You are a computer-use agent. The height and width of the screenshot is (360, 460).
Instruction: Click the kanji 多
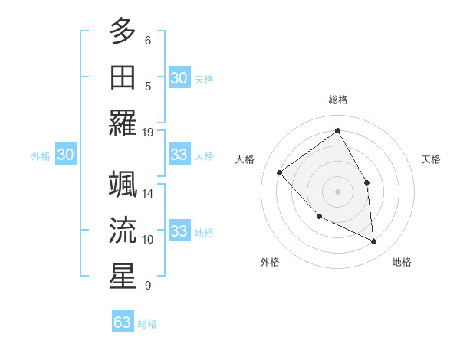click(123, 32)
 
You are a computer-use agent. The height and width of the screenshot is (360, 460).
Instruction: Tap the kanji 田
click(123, 77)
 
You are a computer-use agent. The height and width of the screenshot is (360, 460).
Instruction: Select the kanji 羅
click(123, 123)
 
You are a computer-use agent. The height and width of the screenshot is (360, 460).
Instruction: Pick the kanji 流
click(123, 231)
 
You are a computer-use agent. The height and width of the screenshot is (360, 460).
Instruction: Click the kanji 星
click(123, 276)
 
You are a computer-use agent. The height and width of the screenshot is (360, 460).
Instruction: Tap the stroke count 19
click(148, 132)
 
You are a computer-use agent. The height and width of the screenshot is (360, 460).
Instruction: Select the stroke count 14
click(148, 194)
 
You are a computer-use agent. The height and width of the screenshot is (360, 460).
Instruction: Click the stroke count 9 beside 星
click(147, 286)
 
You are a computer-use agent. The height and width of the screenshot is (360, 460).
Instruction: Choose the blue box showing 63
click(123, 322)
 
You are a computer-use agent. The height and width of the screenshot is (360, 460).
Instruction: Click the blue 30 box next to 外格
click(66, 155)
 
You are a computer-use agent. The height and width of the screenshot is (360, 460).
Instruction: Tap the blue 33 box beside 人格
click(179, 155)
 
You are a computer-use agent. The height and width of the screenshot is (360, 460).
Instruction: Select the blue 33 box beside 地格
click(179, 231)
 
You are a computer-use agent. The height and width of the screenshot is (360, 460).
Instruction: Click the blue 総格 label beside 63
click(147, 324)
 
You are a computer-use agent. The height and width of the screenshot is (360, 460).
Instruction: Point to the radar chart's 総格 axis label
click(338, 100)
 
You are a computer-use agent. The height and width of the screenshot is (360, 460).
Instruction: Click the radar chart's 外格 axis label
click(270, 263)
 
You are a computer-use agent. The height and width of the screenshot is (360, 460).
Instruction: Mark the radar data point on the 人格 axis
click(280, 172)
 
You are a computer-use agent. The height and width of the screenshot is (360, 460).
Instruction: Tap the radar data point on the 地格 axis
click(373, 242)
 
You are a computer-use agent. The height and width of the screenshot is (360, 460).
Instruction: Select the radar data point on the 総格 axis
click(338, 130)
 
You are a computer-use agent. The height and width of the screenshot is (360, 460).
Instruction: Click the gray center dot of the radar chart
click(338, 191)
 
